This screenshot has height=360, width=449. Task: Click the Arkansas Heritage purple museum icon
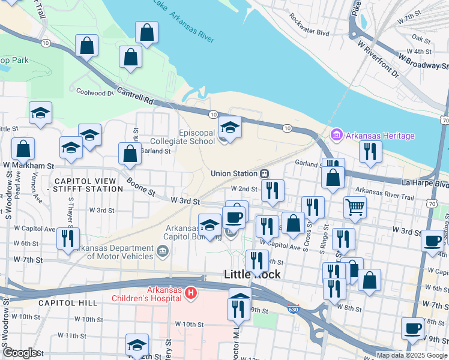coord(336,136)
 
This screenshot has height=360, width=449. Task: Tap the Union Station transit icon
coord(264,173)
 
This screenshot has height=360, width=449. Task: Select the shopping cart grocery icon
coord(355,207)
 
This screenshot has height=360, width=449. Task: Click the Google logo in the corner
coord(20,353)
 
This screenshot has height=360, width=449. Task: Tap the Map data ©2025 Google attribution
coord(412,355)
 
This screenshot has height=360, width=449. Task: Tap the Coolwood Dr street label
coord(94,92)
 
